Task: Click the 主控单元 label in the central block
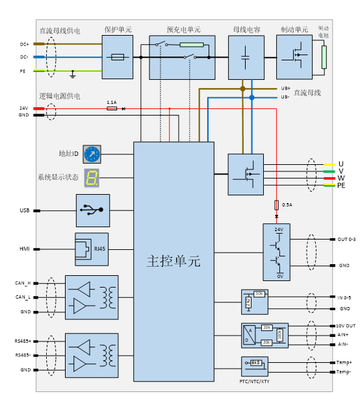(174, 262)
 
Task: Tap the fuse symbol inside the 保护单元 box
(118, 57)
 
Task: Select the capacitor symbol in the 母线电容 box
(246, 57)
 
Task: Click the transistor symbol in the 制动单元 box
(296, 56)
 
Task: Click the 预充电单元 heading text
(183, 30)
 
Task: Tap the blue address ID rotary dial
(92, 154)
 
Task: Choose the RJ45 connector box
(92, 249)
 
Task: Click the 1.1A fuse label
(111, 102)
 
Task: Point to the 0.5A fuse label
(287, 204)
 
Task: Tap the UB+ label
(285, 88)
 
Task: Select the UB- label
(285, 97)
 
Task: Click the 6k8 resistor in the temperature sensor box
(256, 363)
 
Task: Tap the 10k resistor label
(259, 294)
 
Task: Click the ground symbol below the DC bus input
(73, 75)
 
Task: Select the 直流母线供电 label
(60, 31)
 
